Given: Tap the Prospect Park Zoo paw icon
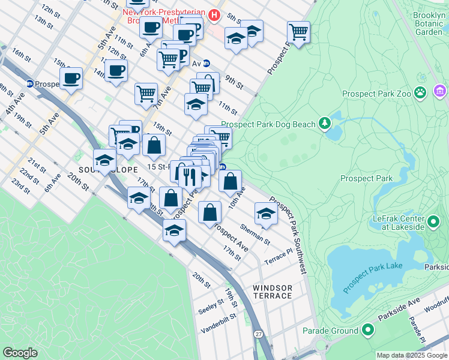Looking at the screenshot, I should click(x=421, y=93).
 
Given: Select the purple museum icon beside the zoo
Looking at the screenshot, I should click(x=440, y=91).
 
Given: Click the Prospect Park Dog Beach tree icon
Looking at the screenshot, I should click(x=325, y=124).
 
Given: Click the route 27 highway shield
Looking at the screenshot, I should click(x=259, y=334).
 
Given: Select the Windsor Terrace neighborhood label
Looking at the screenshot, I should click(x=273, y=292).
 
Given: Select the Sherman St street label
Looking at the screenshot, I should click(x=255, y=234).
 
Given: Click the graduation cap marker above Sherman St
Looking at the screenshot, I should click(x=266, y=213).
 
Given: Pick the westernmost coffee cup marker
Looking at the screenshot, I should click(x=71, y=78).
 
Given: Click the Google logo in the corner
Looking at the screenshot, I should click(x=20, y=353).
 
